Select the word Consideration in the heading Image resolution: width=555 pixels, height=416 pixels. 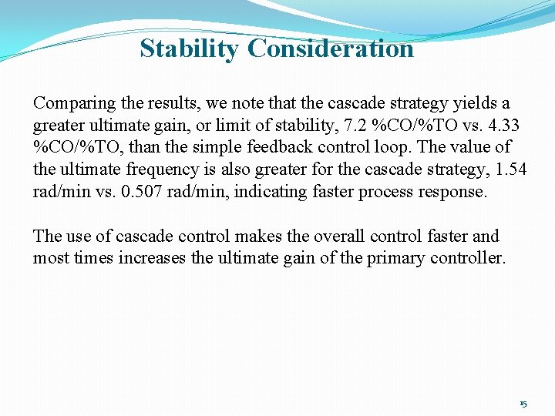click(331, 49)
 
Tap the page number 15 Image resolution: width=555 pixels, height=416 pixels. click(523, 404)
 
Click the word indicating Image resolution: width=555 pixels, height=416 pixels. click(267, 191)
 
